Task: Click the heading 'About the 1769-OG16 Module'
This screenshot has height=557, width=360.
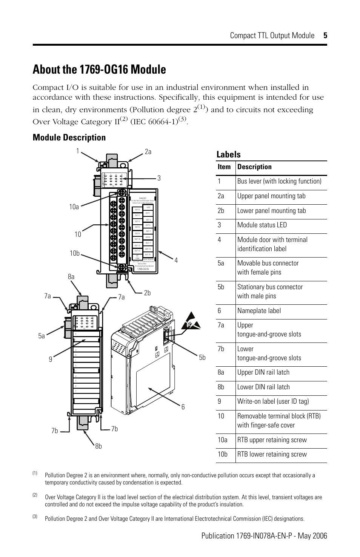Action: coord(99,69)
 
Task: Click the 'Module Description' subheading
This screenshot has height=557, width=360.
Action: coord(69,137)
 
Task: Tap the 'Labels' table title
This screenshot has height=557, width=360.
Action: coord(228,154)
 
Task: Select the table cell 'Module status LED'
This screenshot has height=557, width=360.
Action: coord(262,225)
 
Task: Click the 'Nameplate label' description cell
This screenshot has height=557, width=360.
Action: coord(259,311)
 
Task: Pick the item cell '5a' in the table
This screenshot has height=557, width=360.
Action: coord(221,263)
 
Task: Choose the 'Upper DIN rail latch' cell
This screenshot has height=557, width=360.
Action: coord(263,372)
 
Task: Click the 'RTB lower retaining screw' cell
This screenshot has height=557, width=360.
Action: coord(272,454)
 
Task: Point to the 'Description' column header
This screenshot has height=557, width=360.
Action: coord(254,167)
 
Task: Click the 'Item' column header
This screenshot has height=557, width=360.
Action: coord(224,167)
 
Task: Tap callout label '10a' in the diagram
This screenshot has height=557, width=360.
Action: coord(74,207)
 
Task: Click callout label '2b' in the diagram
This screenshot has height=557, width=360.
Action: coord(147,293)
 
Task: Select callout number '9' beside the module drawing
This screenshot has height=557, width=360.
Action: coord(50,360)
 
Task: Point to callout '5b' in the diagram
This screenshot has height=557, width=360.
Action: coord(202,358)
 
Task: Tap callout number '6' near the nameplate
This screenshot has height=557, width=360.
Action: coord(183,407)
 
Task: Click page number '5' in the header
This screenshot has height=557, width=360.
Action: coord(325,35)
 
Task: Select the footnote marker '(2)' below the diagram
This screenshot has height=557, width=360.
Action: coord(35,495)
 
